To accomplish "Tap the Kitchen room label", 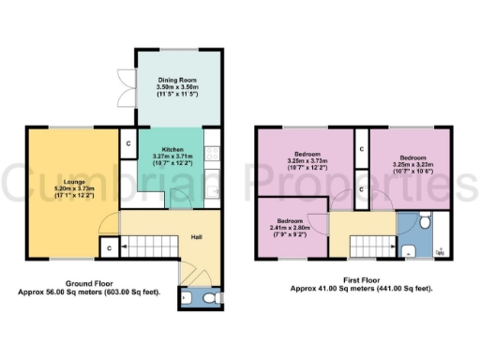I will click(172, 149).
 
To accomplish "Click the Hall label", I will click(198, 237).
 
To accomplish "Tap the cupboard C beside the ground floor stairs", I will click(110, 247).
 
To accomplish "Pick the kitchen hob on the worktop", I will click(212, 149).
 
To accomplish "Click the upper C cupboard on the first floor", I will click(361, 148).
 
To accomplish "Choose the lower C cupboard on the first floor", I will click(361, 189).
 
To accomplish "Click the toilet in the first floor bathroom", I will click(425, 223).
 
